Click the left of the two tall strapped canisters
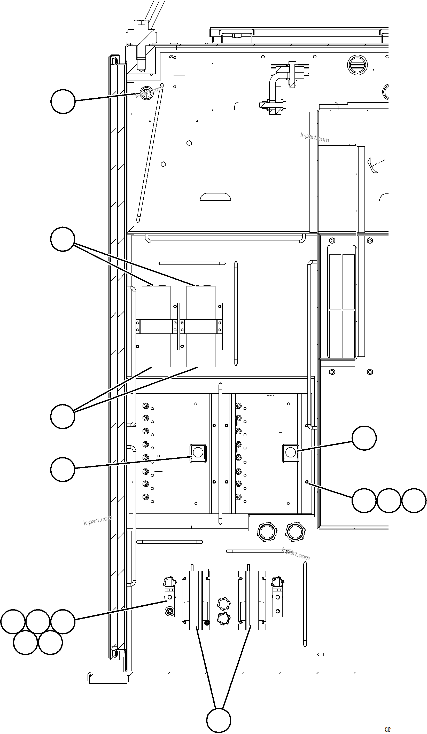click(x=156, y=326)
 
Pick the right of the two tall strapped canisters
click(x=201, y=326)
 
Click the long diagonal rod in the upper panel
click(x=150, y=153)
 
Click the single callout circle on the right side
click(x=364, y=438)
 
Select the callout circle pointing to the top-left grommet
click(x=63, y=101)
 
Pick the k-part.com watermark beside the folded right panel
click(x=315, y=137)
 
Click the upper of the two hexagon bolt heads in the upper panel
click(x=189, y=143)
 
